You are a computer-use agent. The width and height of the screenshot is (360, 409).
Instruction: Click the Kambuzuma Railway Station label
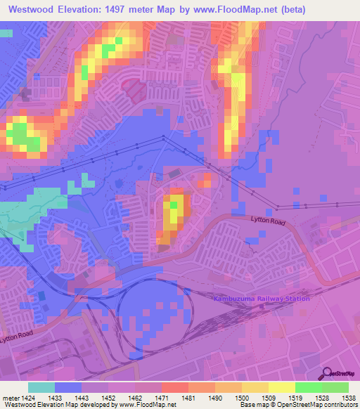click(x=261, y=299)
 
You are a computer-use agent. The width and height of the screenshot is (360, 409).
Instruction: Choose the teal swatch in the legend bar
click(x=41, y=387)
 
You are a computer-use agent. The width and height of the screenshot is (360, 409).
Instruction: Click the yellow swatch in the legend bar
click(x=282, y=387)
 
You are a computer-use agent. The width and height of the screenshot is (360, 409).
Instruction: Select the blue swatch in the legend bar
click(x=68, y=387)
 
